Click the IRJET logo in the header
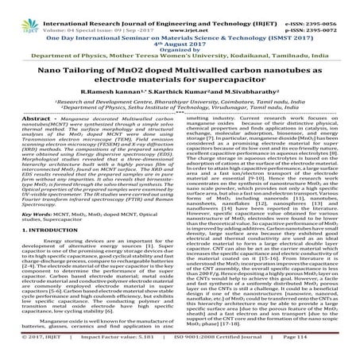18,10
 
